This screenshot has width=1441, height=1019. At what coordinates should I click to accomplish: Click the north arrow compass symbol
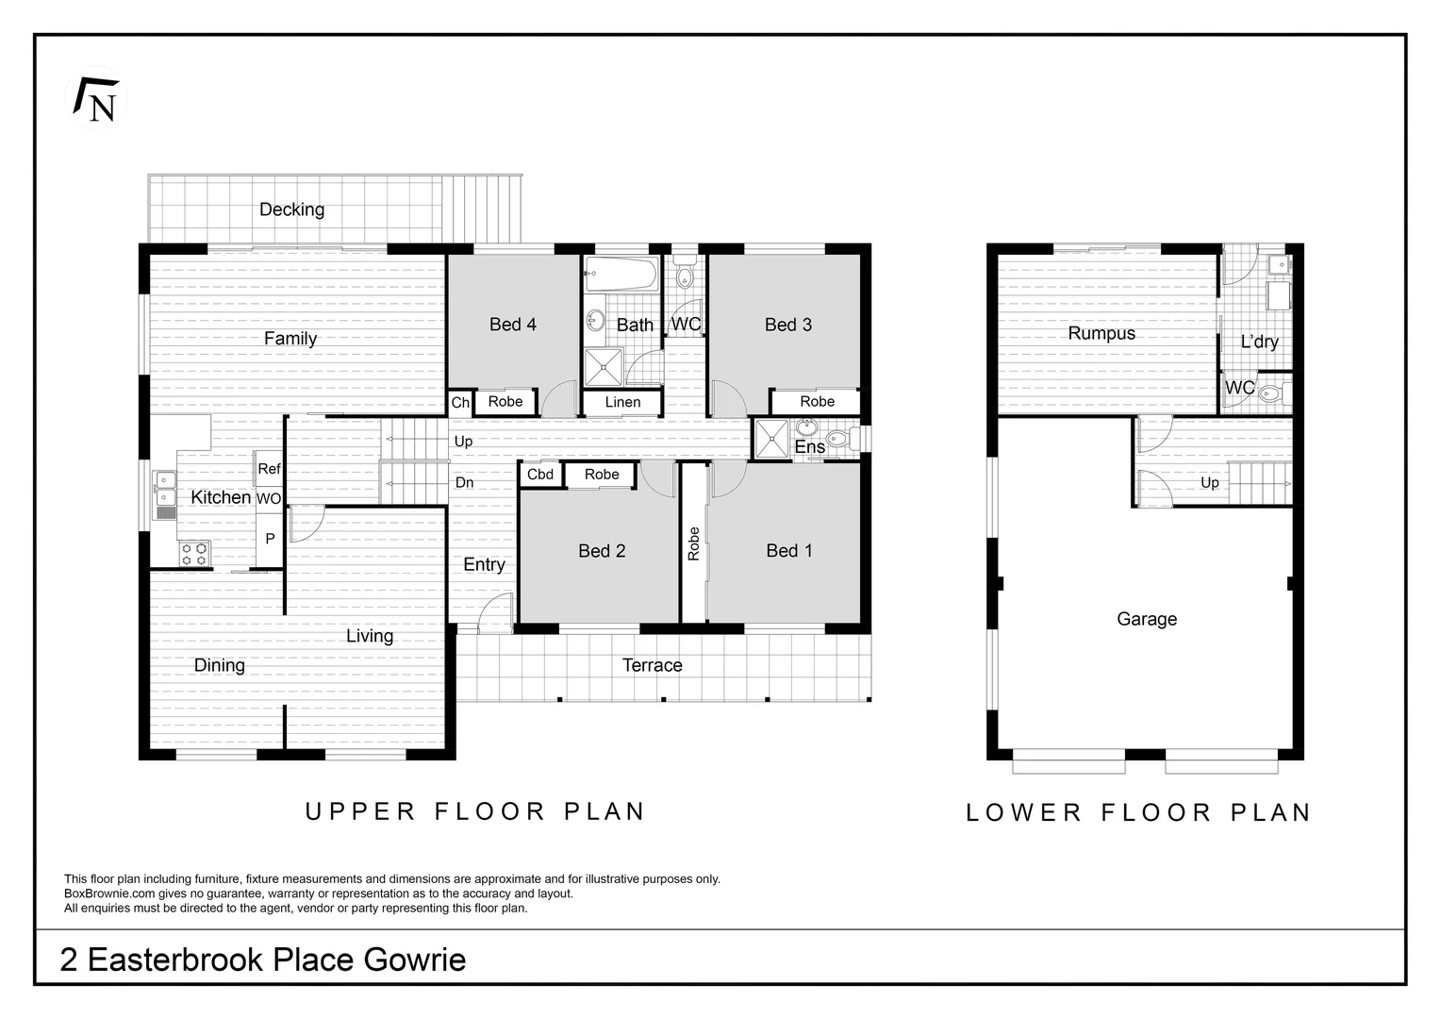pos(96,99)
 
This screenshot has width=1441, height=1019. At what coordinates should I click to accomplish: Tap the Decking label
pos(291,209)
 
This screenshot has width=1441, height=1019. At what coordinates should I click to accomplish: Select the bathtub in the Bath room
pos(621,274)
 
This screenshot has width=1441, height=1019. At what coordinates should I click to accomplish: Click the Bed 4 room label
pos(513,325)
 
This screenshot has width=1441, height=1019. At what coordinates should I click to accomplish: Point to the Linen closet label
pos(622,402)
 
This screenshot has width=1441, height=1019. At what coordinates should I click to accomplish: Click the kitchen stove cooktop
pos(194,554)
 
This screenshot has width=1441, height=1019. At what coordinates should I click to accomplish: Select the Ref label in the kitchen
pos(269,469)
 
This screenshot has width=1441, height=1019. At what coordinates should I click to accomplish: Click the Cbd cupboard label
pos(540,475)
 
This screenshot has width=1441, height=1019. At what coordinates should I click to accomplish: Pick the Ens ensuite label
pos(810,446)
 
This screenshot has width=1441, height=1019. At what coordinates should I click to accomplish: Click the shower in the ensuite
pos(771,440)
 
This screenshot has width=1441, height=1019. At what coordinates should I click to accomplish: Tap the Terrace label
pos(652,665)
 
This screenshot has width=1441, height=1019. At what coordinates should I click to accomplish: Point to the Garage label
pos(1147,619)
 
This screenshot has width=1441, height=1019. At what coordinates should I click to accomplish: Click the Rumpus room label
pos(1101,333)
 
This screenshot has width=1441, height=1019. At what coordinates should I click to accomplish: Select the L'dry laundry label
pos(1260,342)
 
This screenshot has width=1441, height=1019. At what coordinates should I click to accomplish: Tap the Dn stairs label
pos(465,483)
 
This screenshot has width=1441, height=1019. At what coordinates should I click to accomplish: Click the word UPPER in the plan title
pos(360,811)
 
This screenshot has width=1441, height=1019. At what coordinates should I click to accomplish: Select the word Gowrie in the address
pos(415,960)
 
